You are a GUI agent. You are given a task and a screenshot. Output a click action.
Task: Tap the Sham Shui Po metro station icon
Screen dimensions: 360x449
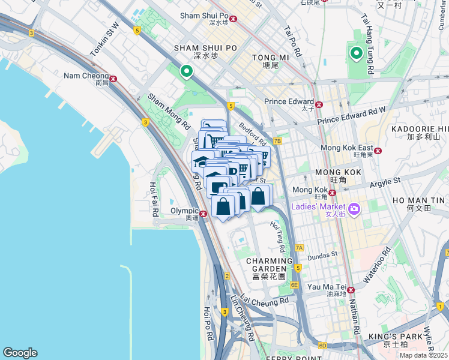[234, 19]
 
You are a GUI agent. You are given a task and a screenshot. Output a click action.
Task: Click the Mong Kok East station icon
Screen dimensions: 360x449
[378, 151]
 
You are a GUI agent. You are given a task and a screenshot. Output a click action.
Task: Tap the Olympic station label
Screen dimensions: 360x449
[184, 211]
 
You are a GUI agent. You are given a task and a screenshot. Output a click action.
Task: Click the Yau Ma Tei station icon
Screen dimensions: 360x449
[351, 290]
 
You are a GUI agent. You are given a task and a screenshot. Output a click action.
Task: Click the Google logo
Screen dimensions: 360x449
[20, 353]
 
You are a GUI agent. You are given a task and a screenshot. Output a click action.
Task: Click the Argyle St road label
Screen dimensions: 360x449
[385, 181]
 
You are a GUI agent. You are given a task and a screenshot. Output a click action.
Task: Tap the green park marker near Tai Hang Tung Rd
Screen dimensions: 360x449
[356, 55]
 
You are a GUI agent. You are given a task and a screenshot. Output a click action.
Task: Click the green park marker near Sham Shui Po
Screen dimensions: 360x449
[187, 72]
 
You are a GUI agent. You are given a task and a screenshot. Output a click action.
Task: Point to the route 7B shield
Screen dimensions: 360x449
[277, 141]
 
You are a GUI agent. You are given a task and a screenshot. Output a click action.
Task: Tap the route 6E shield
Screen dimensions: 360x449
[294, 285]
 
